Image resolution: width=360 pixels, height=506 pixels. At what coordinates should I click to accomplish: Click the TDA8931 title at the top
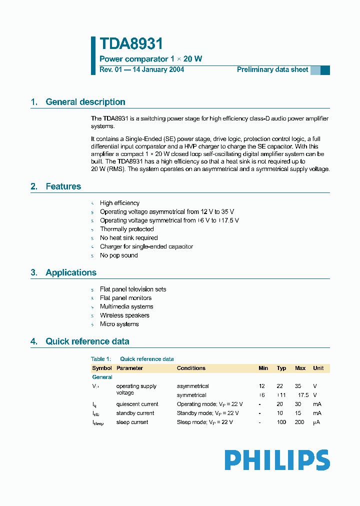(131, 44)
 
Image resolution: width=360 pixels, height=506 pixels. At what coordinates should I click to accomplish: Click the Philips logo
(277, 460)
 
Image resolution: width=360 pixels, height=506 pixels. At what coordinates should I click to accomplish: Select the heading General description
(85, 102)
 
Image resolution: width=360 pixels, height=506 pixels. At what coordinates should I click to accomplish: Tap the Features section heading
(63, 186)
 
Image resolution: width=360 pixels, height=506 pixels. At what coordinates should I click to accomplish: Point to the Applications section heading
(70, 272)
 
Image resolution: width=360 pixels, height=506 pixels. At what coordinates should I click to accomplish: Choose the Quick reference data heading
(87, 341)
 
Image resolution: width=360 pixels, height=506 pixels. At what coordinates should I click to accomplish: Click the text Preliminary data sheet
(272, 69)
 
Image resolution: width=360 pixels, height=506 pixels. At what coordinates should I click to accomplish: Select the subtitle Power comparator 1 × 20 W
(151, 59)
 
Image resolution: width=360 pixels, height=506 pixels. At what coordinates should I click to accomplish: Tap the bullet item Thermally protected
(126, 229)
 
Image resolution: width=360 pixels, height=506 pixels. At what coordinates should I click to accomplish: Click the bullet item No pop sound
(118, 255)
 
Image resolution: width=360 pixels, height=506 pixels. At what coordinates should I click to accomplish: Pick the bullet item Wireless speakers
(124, 315)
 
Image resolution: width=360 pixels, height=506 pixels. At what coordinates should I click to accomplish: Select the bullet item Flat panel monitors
(125, 298)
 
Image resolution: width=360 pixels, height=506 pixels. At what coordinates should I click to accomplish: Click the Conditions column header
(191, 368)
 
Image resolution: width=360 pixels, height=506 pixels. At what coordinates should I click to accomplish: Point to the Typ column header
(281, 368)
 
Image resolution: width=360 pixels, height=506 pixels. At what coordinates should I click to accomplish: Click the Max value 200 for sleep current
(300, 422)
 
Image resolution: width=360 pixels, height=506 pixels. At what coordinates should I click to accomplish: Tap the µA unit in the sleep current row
(316, 422)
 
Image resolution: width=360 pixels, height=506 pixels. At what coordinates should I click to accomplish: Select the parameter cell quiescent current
(137, 404)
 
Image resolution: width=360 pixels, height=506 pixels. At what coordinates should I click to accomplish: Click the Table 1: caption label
(100, 359)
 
